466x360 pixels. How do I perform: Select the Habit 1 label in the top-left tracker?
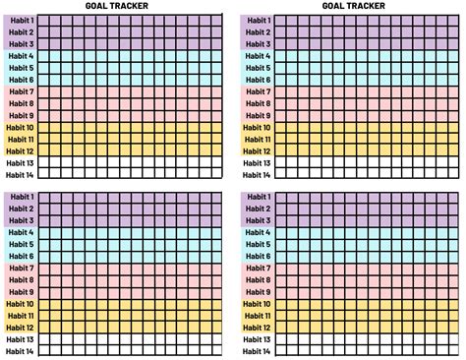tap(20, 21)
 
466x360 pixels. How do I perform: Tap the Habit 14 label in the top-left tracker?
tap(20, 174)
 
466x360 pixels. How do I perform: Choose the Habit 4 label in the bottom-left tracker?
tap(20, 233)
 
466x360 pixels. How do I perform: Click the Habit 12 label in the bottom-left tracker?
tap(20, 328)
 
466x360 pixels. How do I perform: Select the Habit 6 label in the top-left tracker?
tap(20, 80)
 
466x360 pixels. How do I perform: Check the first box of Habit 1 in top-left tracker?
tap(42, 21)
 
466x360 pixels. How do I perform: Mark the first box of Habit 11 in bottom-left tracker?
tap(42, 316)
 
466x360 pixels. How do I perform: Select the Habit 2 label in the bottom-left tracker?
tap(20, 210)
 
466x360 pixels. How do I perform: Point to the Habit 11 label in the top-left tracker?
tap(20, 139)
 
